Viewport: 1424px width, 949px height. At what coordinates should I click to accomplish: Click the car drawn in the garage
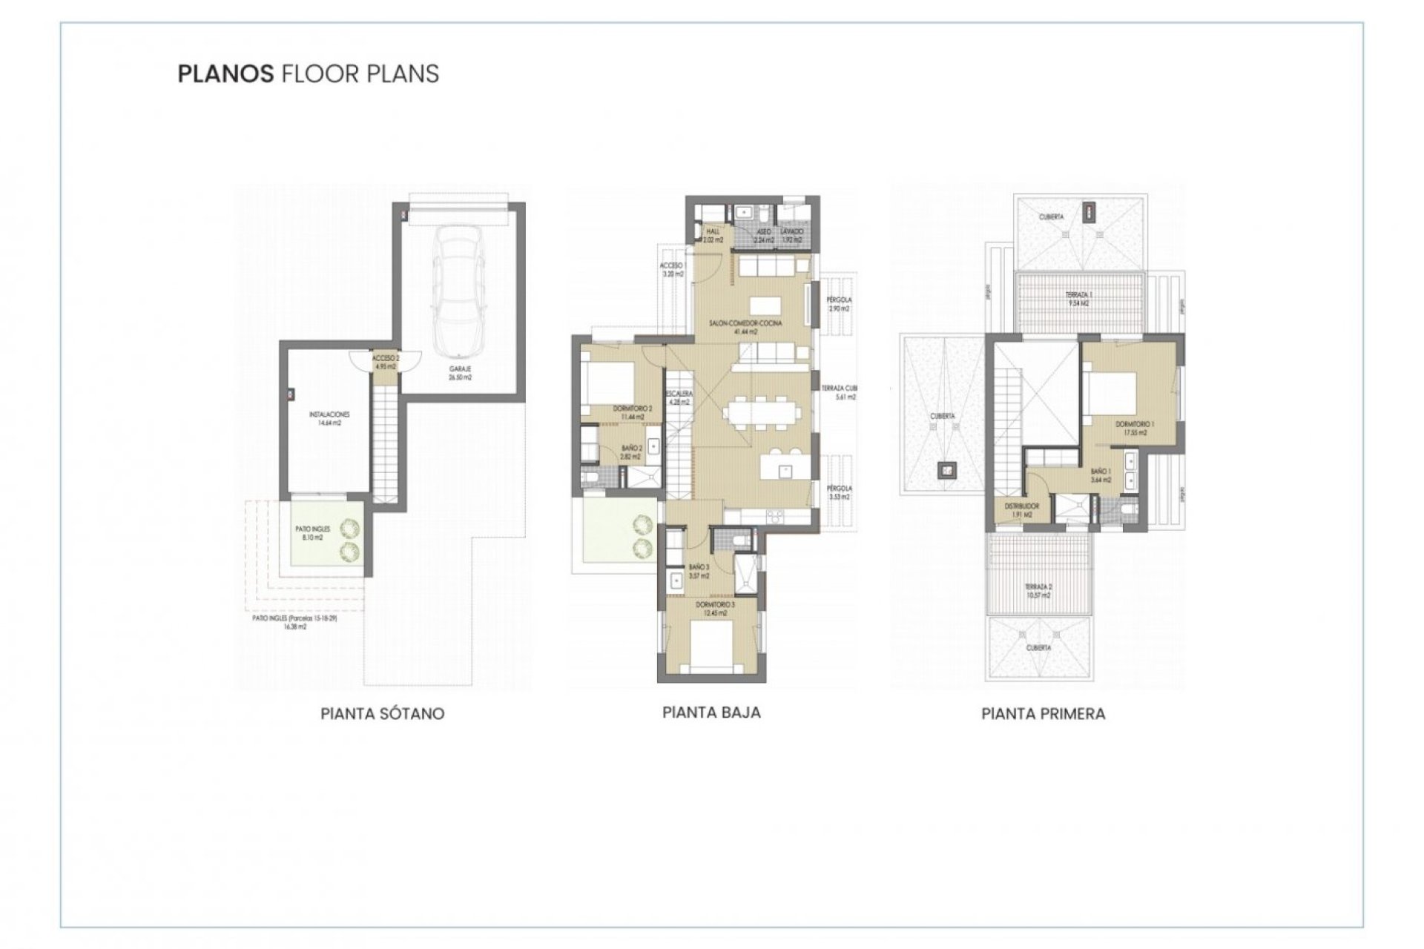(460, 292)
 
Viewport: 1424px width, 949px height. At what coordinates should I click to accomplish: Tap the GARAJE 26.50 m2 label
(460, 373)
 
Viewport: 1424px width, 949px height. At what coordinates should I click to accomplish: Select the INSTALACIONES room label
(329, 419)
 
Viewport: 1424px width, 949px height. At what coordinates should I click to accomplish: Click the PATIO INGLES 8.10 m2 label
(312, 533)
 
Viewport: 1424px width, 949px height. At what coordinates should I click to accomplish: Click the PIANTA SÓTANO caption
(382, 713)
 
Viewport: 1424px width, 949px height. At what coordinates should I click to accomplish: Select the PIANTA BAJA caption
(711, 712)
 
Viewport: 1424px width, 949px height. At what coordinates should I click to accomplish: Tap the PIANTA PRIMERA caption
(1043, 713)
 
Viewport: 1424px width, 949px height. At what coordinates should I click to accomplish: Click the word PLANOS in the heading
(225, 73)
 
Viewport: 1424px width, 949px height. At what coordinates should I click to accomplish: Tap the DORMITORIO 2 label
(632, 412)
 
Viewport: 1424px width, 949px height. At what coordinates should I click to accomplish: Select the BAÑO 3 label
(699, 571)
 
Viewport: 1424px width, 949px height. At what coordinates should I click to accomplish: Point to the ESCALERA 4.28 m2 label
(679, 397)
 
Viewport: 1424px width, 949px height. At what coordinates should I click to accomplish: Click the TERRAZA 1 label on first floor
(1078, 299)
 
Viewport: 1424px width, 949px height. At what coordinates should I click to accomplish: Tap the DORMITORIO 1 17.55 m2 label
(1135, 428)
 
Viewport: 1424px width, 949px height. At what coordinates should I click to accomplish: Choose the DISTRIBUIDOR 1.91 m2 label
(1022, 510)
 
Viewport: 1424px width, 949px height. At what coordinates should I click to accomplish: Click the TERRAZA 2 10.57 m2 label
(1038, 590)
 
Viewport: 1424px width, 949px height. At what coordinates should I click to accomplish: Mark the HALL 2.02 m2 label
(713, 236)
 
